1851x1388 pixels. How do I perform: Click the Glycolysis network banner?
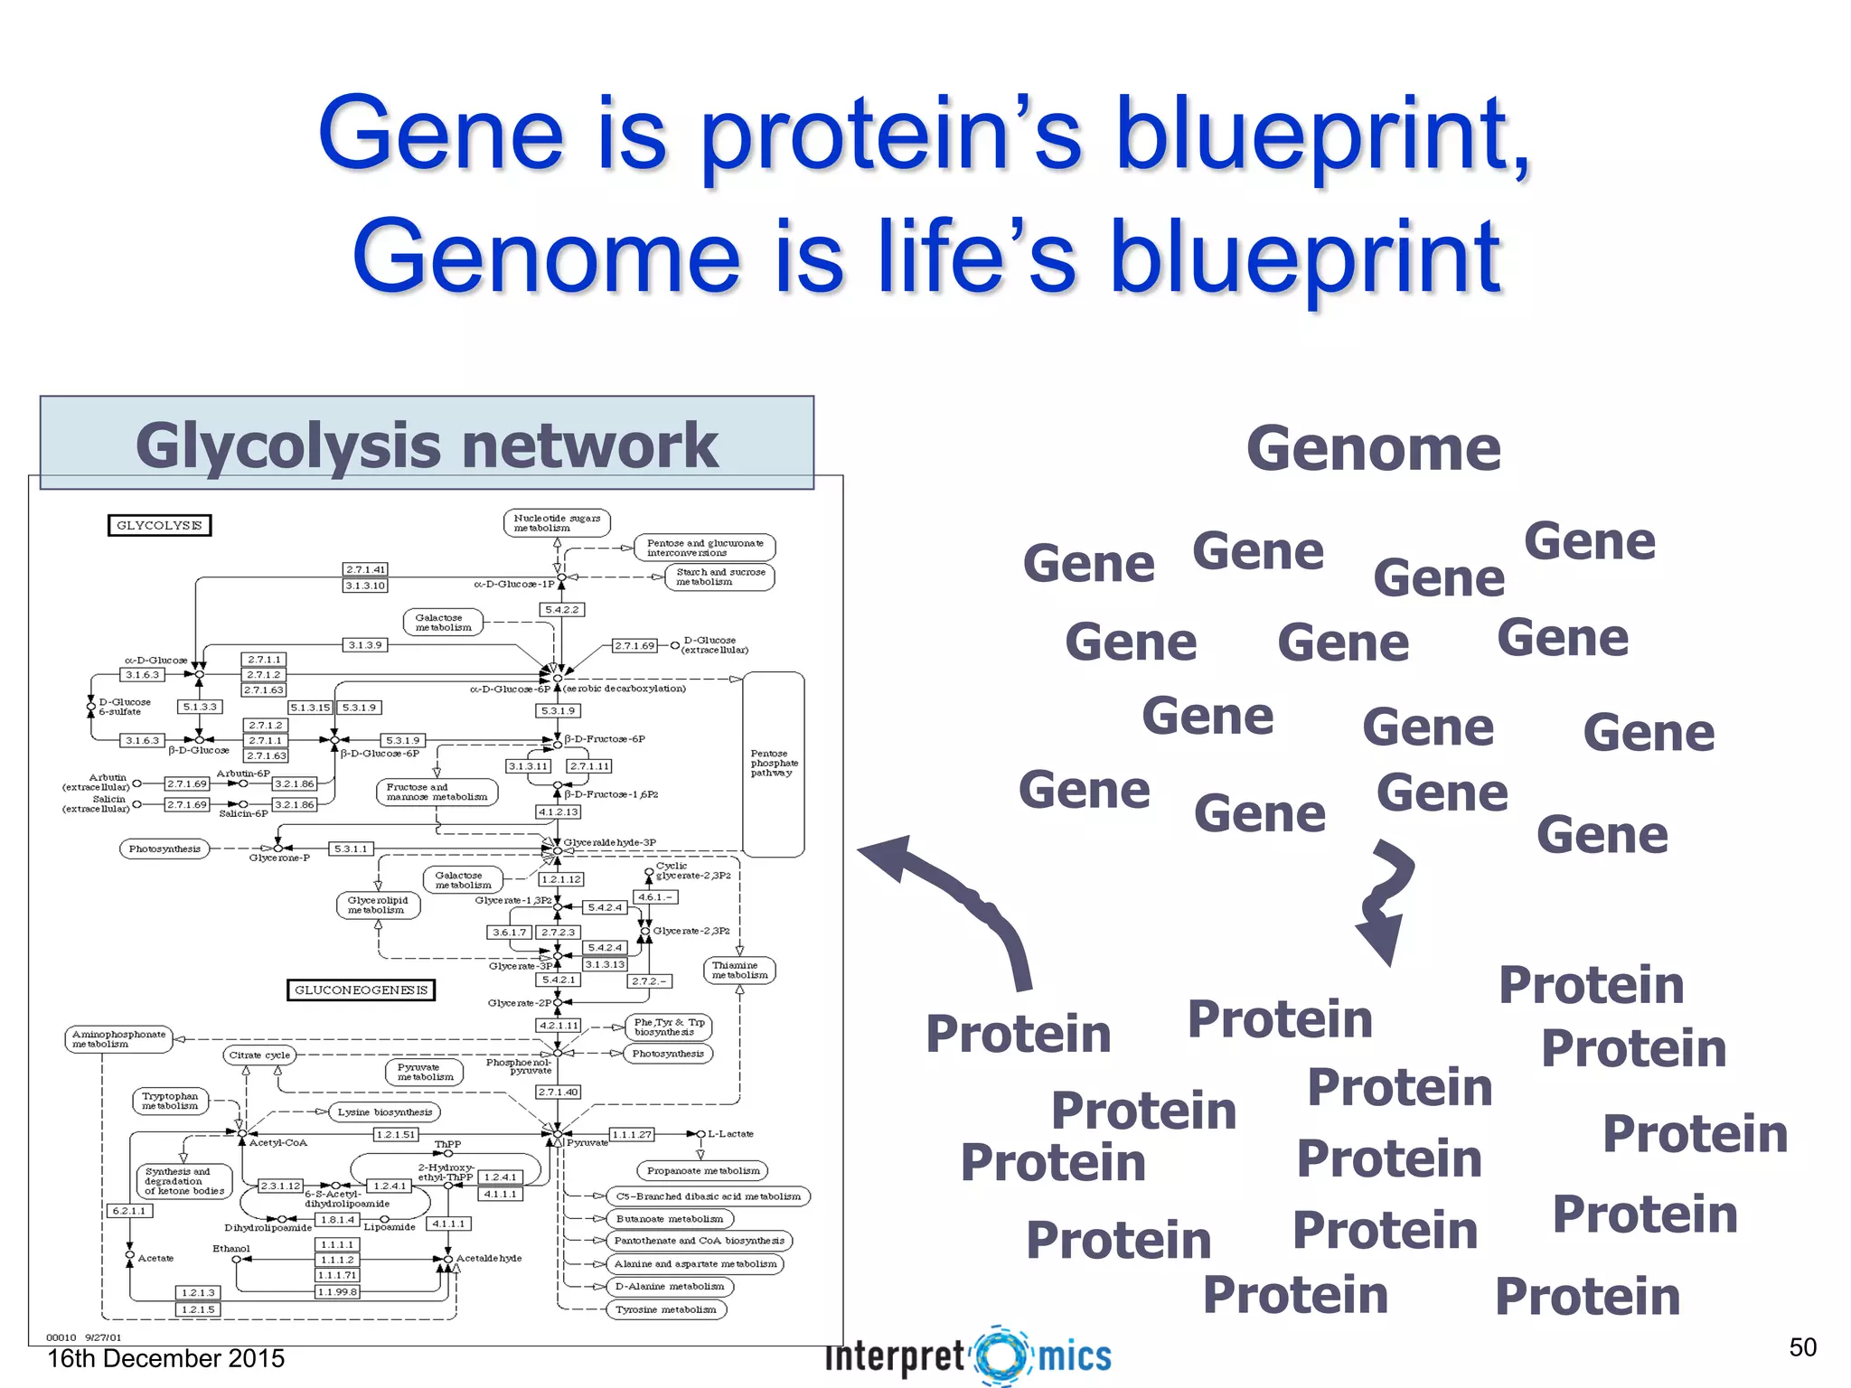[427, 443]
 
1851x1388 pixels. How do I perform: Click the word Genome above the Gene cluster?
[1373, 449]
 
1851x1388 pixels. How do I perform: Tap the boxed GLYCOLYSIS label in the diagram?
[159, 525]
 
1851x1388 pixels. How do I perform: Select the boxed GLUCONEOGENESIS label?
[361, 989]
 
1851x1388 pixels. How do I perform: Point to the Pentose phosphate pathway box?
[773, 764]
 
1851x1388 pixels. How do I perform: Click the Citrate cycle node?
[259, 1055]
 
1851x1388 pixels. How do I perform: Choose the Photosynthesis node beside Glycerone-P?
[164, 849]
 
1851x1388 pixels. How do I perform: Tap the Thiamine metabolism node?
[739, 971]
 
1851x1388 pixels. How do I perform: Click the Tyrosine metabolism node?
[665, 1309]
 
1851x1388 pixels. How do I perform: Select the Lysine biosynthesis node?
[385, 1111]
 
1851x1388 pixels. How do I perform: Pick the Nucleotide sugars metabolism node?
[557, 522]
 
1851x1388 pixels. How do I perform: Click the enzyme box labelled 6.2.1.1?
[129, 1211]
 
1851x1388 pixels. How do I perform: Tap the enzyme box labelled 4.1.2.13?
[559, 811]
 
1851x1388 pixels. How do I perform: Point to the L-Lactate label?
[730, 1133]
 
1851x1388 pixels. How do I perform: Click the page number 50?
[1802, 1347]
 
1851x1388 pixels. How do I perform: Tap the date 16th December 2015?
[165, 1358]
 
